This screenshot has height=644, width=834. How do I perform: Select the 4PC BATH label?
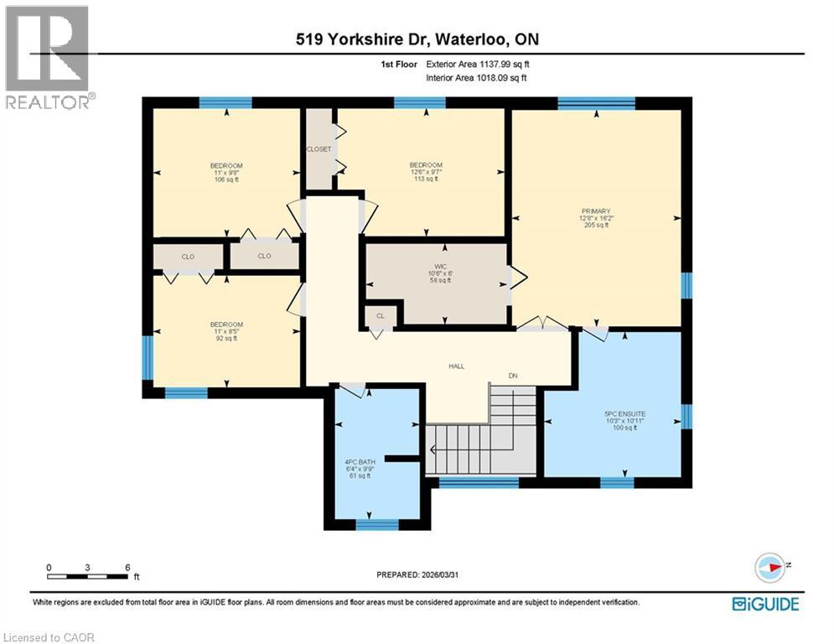point(359,461)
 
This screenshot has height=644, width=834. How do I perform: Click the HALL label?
point(456,366)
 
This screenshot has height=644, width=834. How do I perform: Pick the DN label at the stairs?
point(513,376)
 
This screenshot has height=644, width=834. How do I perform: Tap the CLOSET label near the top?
point(319,149)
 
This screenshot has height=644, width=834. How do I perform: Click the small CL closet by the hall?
point(380,316)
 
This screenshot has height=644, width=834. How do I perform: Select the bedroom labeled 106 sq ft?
point(226,172)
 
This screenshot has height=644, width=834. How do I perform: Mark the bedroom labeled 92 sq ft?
point(226,331)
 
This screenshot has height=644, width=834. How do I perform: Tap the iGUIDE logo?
point(765,604)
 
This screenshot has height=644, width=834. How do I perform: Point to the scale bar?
point(88,576)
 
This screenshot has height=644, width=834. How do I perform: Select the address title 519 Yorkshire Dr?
point(417,39)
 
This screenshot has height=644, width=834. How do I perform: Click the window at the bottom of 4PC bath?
point(377,525)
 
